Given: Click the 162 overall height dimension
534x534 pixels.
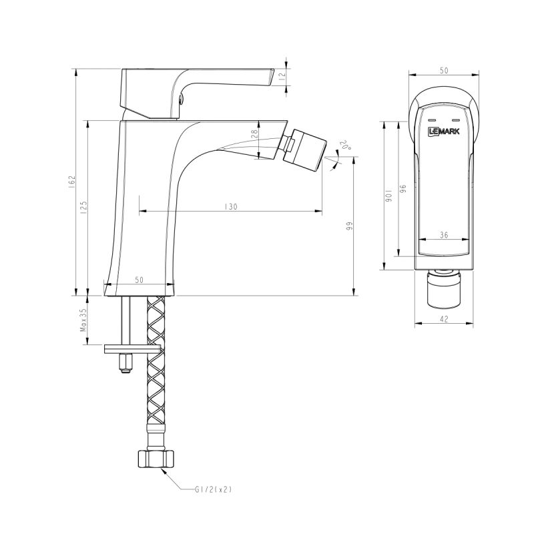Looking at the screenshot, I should [x=72, y=182].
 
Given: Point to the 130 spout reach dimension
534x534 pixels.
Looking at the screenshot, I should [x=231, y=207].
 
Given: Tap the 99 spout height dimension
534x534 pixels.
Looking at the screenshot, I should [x=348, y=226].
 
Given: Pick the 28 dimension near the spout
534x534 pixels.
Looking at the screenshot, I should [x=254, y=134].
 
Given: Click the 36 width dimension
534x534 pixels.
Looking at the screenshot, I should [x=444, y=234].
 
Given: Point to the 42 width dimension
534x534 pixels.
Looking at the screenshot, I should [x=444, y=320].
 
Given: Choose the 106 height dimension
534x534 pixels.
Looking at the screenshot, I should [x=386, y=196].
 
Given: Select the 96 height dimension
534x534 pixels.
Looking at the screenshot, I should [x=403, y=189].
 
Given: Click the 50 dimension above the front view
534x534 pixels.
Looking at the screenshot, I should [x=444, y=69].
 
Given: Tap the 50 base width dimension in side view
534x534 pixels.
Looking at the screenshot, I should [x=139, y=280].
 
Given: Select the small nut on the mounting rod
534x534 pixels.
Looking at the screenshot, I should [x=124, y=363].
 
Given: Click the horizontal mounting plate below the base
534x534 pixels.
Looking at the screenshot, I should [x=132, y=348].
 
